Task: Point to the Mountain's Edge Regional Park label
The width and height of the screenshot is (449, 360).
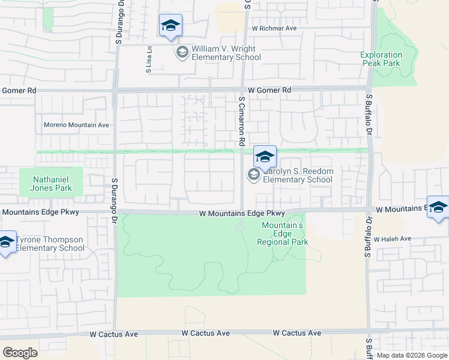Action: [x=283, y=233]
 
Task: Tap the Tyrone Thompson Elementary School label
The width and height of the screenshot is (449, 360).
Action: [x=50, y=244]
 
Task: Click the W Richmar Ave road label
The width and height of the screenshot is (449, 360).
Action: [x=274, y=28]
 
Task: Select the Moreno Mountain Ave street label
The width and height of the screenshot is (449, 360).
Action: [x=77, y=125]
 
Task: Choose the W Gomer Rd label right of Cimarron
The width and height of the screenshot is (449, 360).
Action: [x=270, y=90]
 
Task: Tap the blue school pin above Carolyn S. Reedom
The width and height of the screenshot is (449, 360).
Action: [x=264, y=157]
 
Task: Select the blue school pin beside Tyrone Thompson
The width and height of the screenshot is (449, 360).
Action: [x=5, y=242]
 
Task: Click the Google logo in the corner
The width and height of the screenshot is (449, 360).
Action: [x=20, y=352]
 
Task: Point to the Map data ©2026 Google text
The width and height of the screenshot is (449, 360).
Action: [x=411, y=355]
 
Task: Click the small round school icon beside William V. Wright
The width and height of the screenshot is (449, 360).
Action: [x=181, y=53]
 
